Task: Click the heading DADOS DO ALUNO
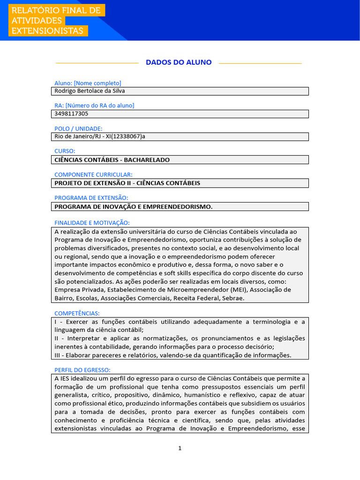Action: [x=179, y=62]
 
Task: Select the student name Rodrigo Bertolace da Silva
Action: [x=90, y=91]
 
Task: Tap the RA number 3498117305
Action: [x=71, y=113]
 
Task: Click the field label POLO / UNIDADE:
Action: [x=78, y=128]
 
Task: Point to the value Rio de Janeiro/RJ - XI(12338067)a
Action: [x=103, y=136]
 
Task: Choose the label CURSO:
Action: [x=65, y=151]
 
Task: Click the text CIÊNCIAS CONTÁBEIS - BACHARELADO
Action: [x=112, y=160]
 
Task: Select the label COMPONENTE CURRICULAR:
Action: [x=93, y=174]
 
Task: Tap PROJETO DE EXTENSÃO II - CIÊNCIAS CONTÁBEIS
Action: [x=127, y=183]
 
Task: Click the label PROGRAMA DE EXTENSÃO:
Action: [x=91, y=198]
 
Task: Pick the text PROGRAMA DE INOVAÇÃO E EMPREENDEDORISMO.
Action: [x=133, y=207]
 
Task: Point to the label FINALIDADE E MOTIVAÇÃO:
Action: [x=92, y=223]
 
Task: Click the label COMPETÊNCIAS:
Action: [x=77, y=313]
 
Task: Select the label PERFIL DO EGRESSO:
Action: [x=82, y=370]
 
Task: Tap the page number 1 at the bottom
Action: [x=180, y=448]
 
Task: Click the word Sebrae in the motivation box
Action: [x=233, y=298]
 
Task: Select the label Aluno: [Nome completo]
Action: [x=88, y=83]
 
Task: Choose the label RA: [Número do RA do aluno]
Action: [x=94, y=105]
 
